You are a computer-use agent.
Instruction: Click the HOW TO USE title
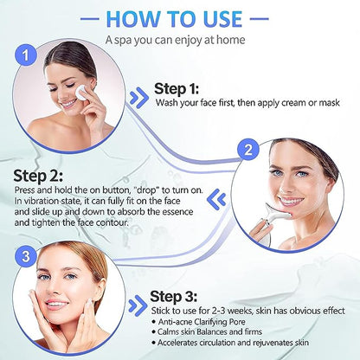point(180,17)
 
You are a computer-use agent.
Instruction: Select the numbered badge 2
point(248,149)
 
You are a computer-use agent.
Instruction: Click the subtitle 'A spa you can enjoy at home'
point(180,40)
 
